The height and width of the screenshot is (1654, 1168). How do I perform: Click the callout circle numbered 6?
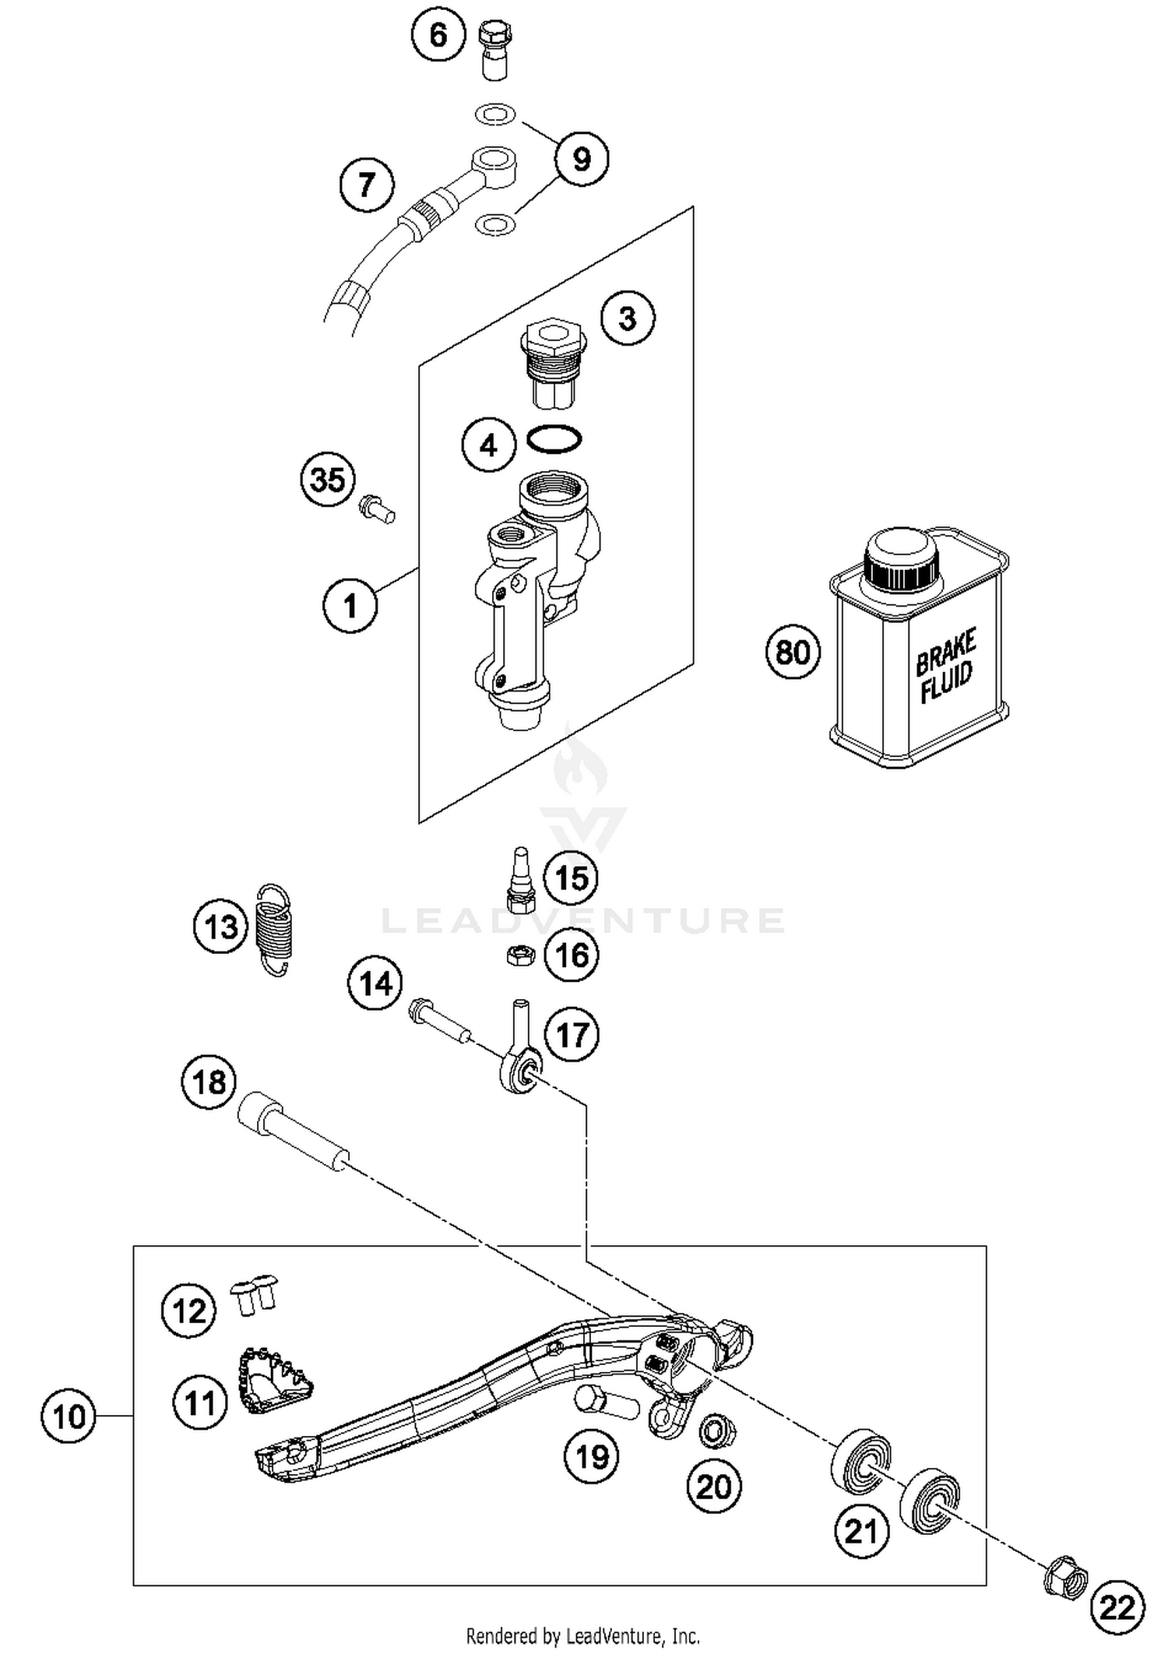pyautogui.click(x=438, y=34)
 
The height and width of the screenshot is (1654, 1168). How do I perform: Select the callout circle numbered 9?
pyautogui.click(x=581, y=159)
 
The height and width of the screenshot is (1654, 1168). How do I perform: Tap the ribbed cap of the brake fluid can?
pyautogui.click(x=901, y=561)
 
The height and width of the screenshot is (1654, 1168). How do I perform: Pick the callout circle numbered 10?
pyautogui.click(x=69, y=1415)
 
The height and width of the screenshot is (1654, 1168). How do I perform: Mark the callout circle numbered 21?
pyautogui.click(x=861, y=1531)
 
